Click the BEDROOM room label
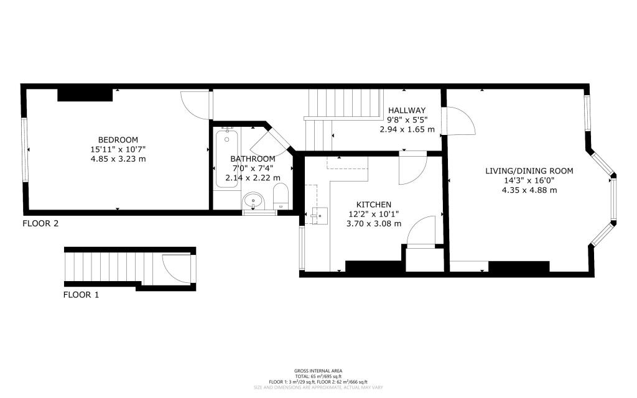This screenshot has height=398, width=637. [118, 139]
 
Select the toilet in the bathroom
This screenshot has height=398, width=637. [281, 197]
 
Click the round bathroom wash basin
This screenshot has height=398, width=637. [253, 201]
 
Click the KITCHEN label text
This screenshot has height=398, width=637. [373, 205]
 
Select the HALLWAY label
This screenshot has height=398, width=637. [406, 110]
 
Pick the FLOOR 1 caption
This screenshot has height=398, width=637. [81, 295]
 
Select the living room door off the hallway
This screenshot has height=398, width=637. [460, 121]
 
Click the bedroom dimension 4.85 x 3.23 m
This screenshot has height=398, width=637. [118, 159]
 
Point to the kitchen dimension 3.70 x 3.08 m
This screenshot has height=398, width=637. [373, 223]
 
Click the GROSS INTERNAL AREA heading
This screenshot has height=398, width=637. [318, 371]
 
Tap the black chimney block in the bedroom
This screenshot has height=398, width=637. [85, 95]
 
